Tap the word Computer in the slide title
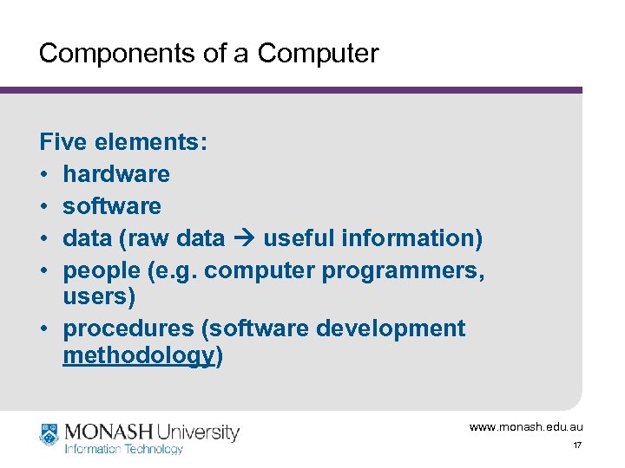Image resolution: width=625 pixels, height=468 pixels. (319, 54)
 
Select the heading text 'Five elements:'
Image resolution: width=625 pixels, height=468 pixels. (123, 141)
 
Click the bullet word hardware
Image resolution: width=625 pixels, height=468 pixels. (116, 173)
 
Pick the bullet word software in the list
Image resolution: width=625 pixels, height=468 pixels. (112, 205)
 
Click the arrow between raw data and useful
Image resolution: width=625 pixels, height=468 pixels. (244, 238)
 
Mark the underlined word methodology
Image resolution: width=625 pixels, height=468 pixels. (139, 354)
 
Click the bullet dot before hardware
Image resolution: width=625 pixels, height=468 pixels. (45, 174)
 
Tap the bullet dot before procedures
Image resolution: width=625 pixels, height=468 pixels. (45, 329)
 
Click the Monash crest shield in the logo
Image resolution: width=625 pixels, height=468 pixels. (49, 435)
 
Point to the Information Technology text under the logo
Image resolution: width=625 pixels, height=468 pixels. (124, 449)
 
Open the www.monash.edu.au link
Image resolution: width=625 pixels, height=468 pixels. (526, 426)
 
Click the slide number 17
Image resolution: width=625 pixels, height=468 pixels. (576, 445)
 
